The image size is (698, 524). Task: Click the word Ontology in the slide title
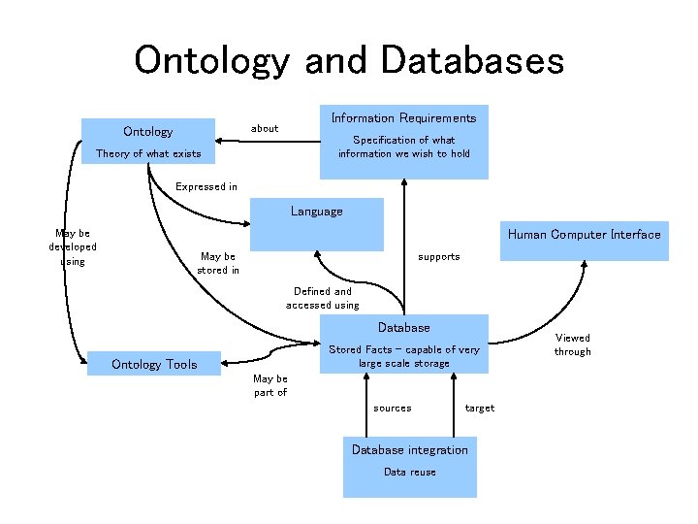click(211, 60)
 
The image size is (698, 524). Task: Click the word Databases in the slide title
click(472, 60)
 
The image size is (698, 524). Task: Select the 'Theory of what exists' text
click(148, 154)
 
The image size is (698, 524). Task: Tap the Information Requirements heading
click(403, 117)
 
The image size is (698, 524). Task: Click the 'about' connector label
click(265, 128)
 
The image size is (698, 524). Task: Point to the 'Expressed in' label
click(206, 186)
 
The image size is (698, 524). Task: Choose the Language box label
click(316, 211)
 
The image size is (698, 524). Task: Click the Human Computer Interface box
click(584, 235)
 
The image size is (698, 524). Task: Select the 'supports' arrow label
click(438, 257)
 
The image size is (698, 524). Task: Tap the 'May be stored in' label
click(218, 263)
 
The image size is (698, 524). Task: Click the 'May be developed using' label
click(73, 247)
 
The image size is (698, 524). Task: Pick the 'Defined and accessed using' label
click(322, 298)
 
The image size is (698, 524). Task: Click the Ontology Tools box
click(154, 365)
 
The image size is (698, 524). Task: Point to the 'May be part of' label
click(270, 385)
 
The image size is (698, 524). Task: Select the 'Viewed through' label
click(572, 344)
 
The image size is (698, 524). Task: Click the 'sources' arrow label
click(392, 408)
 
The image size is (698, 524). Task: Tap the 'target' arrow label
click(479, 408)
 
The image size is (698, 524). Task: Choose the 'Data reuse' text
click(409, 472)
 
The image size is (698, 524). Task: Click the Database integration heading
click(409, 449)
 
